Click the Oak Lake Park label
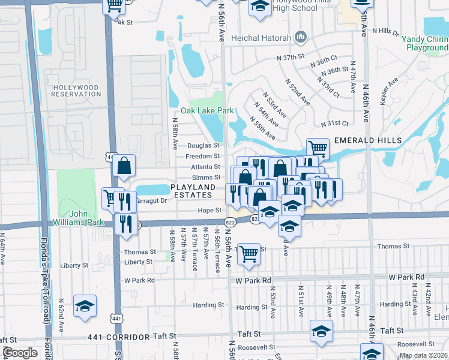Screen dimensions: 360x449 (207, 111)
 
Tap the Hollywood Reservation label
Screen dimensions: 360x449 (76, 91)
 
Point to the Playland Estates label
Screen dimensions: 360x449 (193, 191)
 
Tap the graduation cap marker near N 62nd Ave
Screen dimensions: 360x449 (85, 307)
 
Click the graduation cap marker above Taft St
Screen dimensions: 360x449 (321, 331)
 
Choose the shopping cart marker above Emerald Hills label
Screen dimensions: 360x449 (318, 148)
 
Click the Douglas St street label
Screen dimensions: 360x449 (203, 146)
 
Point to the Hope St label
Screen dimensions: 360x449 (215, 211)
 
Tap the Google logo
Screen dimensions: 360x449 (20, 353)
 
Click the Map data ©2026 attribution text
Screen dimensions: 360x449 (423, 356)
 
